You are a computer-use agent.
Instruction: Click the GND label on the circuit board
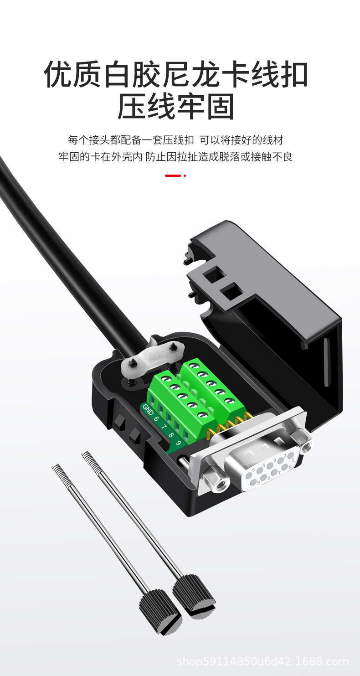click(x=148, y=409)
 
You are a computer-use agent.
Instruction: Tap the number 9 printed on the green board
click(x=178, y=443)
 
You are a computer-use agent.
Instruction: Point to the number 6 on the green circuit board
click(x=156, y=419)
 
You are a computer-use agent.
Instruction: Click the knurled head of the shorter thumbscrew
click(x=160, y=610)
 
